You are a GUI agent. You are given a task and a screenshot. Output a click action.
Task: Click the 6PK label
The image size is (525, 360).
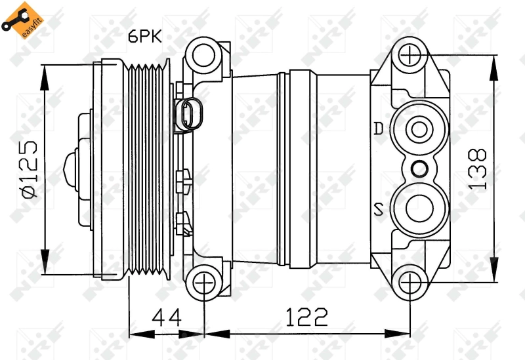[x=144, y=37]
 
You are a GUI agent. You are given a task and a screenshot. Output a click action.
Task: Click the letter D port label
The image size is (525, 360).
[x=379, y=129]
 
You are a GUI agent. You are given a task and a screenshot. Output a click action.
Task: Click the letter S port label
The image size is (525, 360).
[x=379, y=210]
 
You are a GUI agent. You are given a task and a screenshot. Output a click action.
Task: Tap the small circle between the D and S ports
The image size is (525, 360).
[x=417, y=169]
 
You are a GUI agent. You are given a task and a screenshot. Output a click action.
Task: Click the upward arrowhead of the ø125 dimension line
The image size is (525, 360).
[x=45, y=72]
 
